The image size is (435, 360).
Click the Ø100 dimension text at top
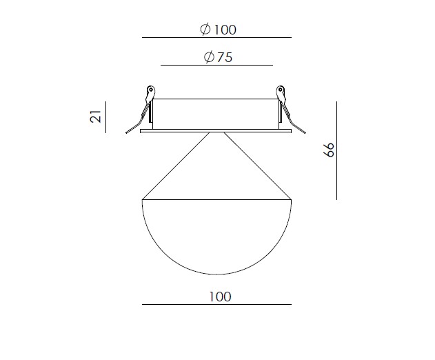[218, 30]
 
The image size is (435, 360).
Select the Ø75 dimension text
[218, 57]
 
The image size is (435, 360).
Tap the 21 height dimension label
[96, 117]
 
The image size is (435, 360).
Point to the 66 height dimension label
[330, 150]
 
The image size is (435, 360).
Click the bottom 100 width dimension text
[220, 297]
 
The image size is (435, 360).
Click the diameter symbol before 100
[205, 30]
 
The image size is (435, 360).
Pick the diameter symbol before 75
[209, 57]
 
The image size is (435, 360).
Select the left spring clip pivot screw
[151, 90]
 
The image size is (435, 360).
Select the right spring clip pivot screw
[280, 90]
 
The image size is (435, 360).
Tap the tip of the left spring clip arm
[126, 132]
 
